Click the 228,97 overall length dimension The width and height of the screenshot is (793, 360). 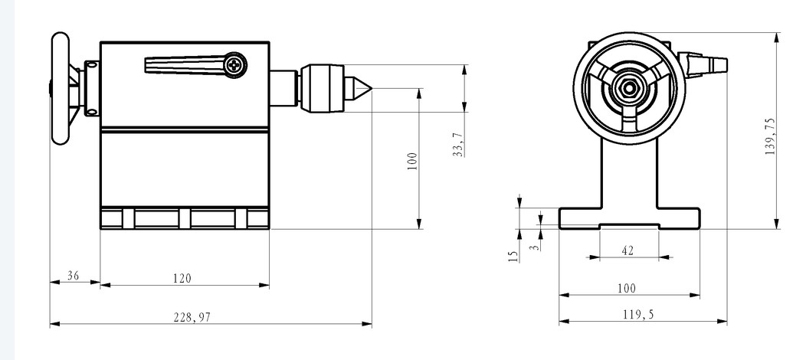(x=192, y=318)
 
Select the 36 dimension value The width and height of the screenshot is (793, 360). (x=74, y=276)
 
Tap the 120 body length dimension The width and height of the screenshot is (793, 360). (x=182, y=278)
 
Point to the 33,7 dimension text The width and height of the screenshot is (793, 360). (x=458, y=145)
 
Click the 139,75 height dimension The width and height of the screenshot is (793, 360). (x=770, y=136)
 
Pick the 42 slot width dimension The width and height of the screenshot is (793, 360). (x=628, y=250)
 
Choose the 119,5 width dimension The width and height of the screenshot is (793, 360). (x=637, y=315)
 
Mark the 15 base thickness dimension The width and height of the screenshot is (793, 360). (x=513, y=257)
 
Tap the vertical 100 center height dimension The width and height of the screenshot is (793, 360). (x=413, y=162)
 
